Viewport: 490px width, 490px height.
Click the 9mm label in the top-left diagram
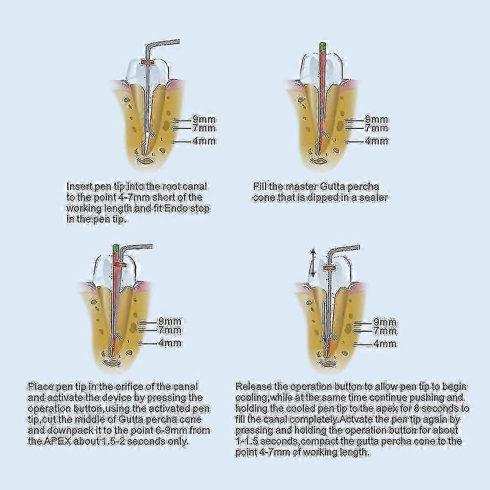click(x=204, y=120)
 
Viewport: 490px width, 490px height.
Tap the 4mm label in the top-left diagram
click(x=204, y=141)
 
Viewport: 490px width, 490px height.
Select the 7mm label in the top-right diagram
click(x=376, y=128)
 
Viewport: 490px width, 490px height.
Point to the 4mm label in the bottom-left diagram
click(x=170, y=343)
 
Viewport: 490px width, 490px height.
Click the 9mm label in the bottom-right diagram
click(x=385, y=322)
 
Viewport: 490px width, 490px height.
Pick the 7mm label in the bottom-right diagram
click(x=385, y=331)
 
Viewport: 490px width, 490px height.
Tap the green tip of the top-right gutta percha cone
click(x=322, y=47)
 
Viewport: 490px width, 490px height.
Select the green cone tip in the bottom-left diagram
click(x=115, y=249)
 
